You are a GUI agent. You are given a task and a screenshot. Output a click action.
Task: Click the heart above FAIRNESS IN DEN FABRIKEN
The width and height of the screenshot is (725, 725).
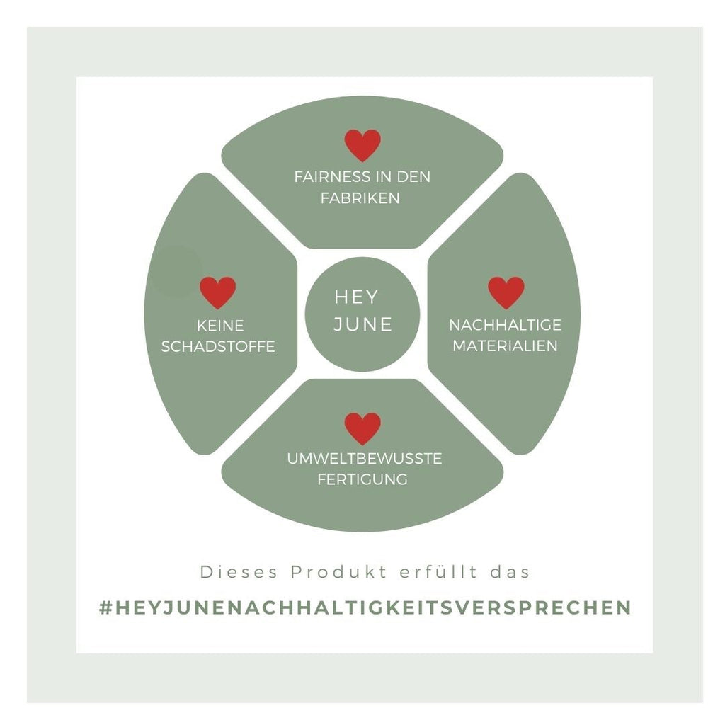(x=362, y=145)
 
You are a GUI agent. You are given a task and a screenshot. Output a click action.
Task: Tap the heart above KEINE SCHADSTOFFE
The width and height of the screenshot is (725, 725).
(x=218, y=292)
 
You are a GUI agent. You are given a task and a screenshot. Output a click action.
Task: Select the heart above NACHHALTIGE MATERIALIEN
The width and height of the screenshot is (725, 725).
(x=506, y=292)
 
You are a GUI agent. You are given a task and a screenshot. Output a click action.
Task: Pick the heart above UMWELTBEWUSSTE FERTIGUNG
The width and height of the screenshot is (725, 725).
(x=362, y=428)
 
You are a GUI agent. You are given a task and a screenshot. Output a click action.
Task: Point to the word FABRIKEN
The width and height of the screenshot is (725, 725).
(x=360, y=198)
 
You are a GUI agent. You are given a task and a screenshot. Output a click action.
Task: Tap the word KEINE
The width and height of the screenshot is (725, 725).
(x=220, y=326)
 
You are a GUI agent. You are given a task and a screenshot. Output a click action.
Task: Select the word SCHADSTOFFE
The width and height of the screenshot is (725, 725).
(x=218, y=346)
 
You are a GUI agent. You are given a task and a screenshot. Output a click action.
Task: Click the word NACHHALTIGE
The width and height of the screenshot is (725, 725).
(x=506, y=325)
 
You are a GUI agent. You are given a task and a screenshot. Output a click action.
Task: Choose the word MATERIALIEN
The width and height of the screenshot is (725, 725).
(x=505, y=346)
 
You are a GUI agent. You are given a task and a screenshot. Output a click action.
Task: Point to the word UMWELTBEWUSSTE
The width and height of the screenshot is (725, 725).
(x=365, y=459)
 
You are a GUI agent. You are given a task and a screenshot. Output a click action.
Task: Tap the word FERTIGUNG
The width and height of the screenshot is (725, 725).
(x=362, y=479)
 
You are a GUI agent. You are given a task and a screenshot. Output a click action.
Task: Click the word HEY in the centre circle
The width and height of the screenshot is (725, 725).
(x=357, y=297)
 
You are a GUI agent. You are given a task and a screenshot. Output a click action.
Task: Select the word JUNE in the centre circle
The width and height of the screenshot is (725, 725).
(x=363, y=324)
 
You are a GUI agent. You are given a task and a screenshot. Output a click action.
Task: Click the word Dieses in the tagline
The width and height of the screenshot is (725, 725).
(x=239, y=572)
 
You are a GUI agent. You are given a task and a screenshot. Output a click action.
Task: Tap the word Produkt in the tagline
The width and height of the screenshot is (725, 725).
(x=338, y=572)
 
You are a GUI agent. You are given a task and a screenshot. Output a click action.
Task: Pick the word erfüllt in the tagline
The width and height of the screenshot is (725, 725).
(x=438, y=572)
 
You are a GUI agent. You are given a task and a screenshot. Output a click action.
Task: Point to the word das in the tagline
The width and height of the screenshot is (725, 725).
(x=510, y=572)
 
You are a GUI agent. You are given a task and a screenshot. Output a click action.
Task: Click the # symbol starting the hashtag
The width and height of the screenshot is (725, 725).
(x=106, y=607)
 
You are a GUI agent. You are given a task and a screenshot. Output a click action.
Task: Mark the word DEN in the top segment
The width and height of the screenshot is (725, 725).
(x=413, y=176)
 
